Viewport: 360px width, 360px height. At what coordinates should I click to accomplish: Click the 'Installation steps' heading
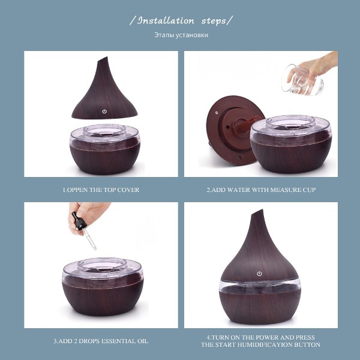click(x=181, y=20)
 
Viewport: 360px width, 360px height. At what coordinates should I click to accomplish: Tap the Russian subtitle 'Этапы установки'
click(x=181, y=35)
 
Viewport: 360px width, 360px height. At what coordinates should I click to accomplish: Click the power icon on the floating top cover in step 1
click(x=104, y=112)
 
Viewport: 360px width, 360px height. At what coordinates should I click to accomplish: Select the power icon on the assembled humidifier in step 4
click(x=259, y=274)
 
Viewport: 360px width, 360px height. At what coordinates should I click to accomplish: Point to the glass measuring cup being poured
click(x=302, y=80)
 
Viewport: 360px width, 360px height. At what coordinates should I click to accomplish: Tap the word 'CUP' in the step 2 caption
click(x=309, y=190)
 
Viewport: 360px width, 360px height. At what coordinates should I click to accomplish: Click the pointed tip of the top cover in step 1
click(x=107, y=58)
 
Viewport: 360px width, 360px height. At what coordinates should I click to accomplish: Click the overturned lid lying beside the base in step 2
click(x=232, y=130)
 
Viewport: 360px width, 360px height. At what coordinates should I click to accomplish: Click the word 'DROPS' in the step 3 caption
click(x=88, y=341)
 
